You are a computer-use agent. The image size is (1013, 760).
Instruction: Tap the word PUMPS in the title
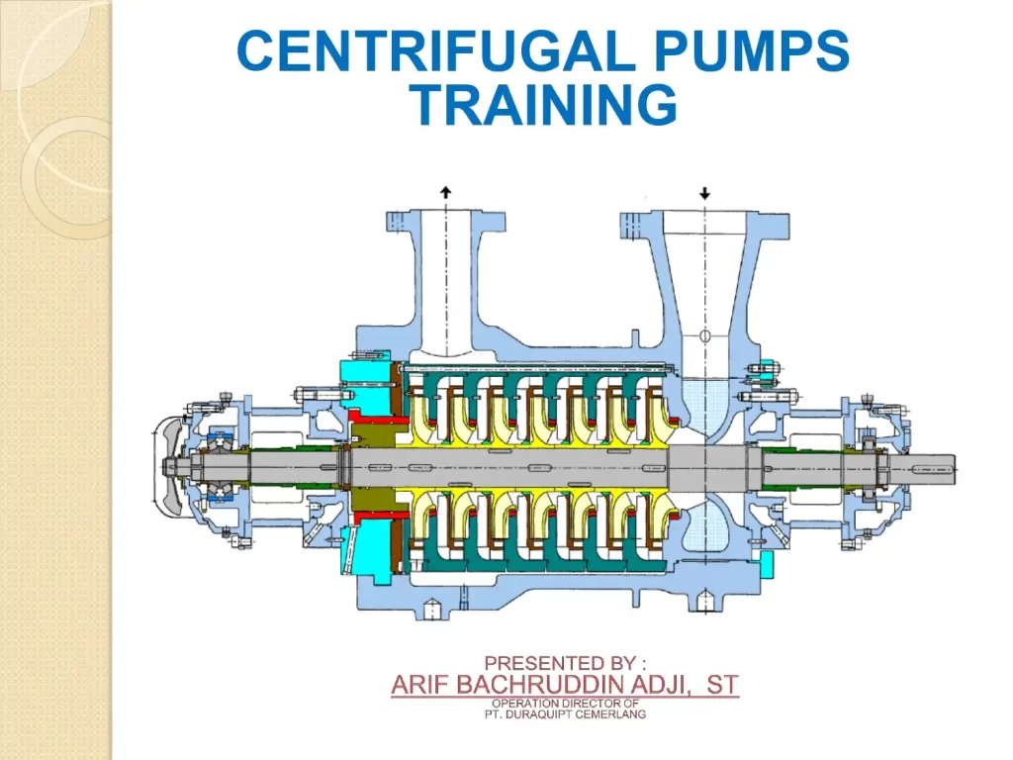tap(752, 51)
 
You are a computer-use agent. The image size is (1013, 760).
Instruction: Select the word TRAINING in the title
tap(544, 105)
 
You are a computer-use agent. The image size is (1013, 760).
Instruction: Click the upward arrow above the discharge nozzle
tap(446, 192)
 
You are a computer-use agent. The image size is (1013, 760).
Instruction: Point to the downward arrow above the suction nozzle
tap(704, 193)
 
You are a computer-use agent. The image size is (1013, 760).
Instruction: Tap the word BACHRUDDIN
tap(535, 685)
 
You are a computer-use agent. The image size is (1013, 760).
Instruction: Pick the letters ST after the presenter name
tap(722, 685)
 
